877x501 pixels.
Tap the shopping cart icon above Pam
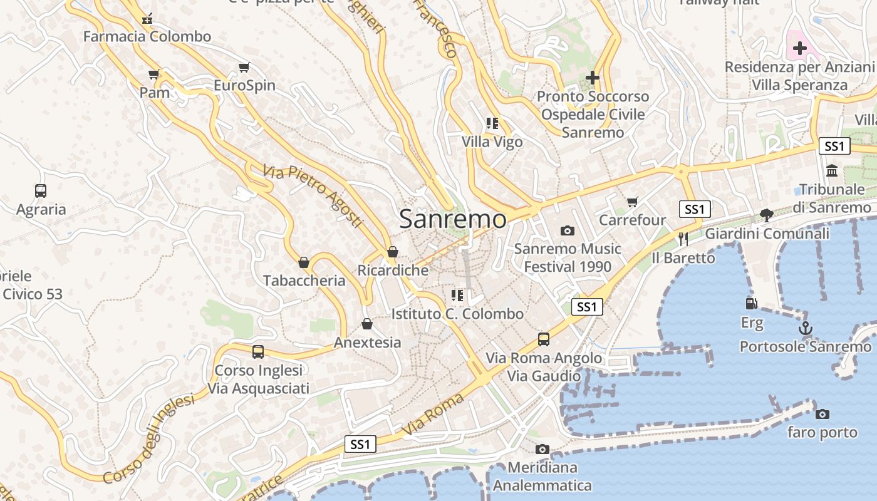tap(154, 75)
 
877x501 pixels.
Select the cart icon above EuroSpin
tap(244, 67)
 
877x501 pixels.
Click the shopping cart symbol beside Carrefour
tap(632, 202)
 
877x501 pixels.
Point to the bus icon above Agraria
tap(41, 190)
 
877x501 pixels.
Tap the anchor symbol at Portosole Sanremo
tap(805, 328)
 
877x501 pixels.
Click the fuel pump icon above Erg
tap(751, 304)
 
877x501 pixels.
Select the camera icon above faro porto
tap(823, 414)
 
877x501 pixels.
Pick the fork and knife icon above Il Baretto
tap(683, 239)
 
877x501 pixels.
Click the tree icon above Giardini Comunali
tap(766, 215)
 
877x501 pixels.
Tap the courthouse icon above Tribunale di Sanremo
tap(832, 170)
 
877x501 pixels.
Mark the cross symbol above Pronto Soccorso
tap(592, 78)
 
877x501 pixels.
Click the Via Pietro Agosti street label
tap(313, 195)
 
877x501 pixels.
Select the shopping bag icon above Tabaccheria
tap(304, 262)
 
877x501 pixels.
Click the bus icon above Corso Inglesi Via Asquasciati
tap(258, 351)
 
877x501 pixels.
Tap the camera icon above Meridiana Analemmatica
tap(542, 449)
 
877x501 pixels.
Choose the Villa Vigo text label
tap(492, 142)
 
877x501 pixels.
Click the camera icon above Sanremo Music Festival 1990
tap(567, 230)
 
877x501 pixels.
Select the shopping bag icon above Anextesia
tap(367, 324)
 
